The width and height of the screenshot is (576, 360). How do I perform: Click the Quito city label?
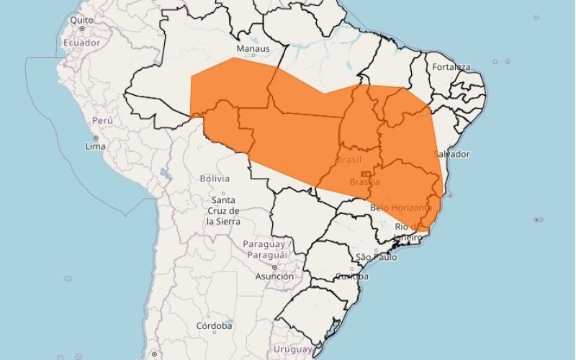pyautogui.click(x=81, y=20)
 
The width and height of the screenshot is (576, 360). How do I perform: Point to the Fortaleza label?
pyautogui.click(x=451, y=67)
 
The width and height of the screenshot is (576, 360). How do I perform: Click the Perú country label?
pyautogui.click(x=103, y=121)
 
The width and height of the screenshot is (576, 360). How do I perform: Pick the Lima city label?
pyautogui.click(x=95, y=146)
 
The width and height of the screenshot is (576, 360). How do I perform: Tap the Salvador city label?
pyautogui.click(x=452, y=154)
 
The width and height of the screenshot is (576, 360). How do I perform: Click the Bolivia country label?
pyautogui.click(x=215, y=178)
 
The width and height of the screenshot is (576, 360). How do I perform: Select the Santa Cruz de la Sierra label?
pyautogui.click(x=223, y=211)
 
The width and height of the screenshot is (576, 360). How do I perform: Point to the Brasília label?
pyautogui.click(x=364, y=182)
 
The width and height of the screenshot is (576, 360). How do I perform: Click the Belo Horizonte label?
pyautogui.click(x=402, y=207)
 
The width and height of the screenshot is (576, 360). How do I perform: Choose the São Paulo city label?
pyautogui.click(x=376, y=257)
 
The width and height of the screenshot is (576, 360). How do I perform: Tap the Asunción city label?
pyautogui.click(x=274, y=276)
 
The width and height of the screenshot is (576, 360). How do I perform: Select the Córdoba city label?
pyautogui.click(x=214, y=326)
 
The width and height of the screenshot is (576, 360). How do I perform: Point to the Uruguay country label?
pyautogui.click(x=293, y=349)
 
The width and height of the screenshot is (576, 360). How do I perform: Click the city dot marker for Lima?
pyautogui.click(x=95, y=138)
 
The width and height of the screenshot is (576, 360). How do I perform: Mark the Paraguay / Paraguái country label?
pyautogui.click(x=265, y=249)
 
